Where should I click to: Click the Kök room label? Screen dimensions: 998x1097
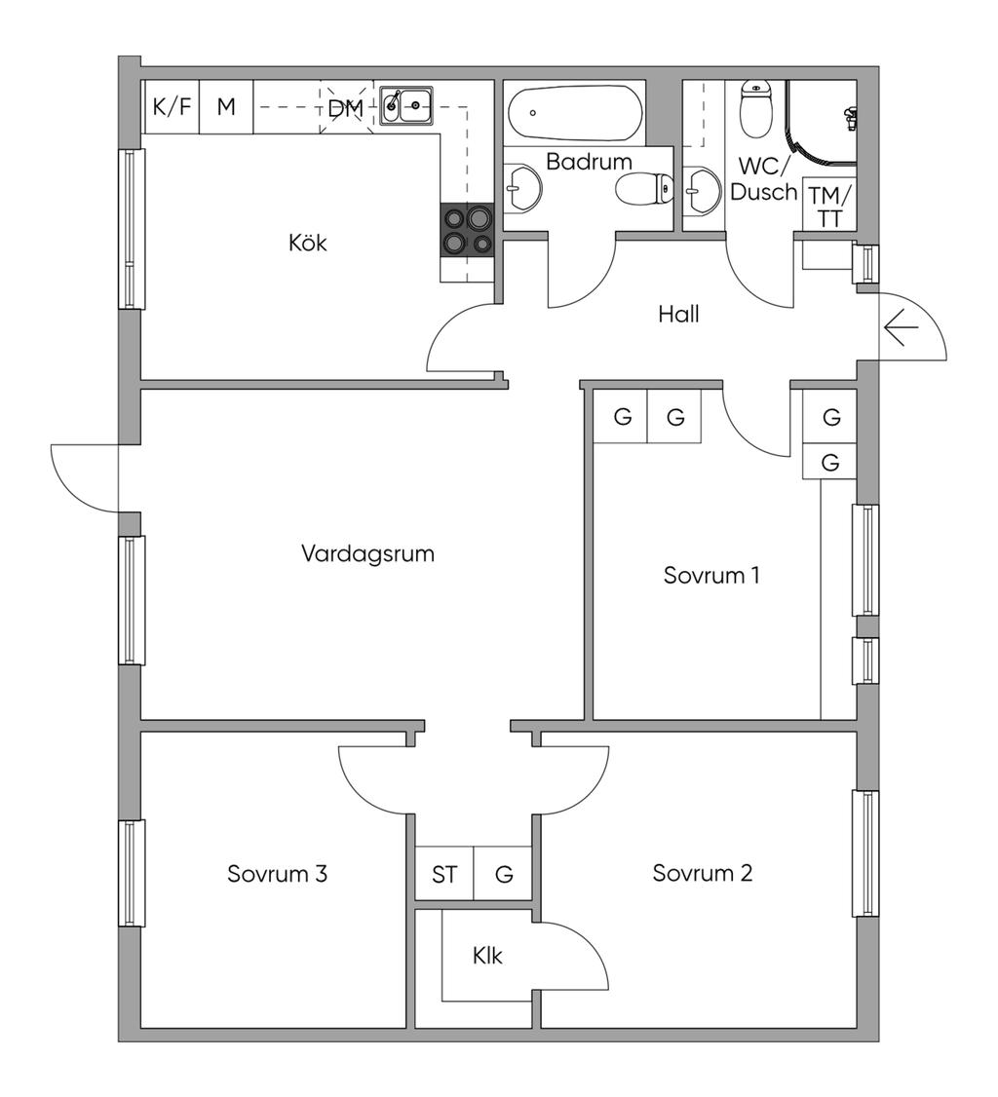coord(307,243)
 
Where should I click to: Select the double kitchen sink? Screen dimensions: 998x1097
coord(405,105)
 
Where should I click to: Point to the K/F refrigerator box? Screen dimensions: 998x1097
coord(172,107)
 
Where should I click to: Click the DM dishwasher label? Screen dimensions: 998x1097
coord(346,108)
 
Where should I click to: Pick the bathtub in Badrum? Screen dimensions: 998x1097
coord(575,113)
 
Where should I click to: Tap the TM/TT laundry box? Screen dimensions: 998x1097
coord(829,205)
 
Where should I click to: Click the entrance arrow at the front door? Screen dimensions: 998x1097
coord(901,327)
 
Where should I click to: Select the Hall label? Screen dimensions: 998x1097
coord(678,314)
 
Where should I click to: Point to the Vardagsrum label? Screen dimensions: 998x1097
coord(368,553)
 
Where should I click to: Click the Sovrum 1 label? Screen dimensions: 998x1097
coord(711,575)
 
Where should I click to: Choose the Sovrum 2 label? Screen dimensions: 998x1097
coord(702,873)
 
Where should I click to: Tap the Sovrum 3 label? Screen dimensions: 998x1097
coord(277,874)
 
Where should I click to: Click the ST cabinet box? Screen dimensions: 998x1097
coord(444,873)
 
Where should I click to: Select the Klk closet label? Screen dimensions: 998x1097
coord(487,956)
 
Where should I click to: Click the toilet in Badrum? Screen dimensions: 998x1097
coord(644,188)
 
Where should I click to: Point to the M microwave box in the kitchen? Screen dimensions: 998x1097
coord(226,107)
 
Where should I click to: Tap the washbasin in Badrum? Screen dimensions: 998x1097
coord(523,187)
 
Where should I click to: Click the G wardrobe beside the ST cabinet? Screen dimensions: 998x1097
coord(504,873)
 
